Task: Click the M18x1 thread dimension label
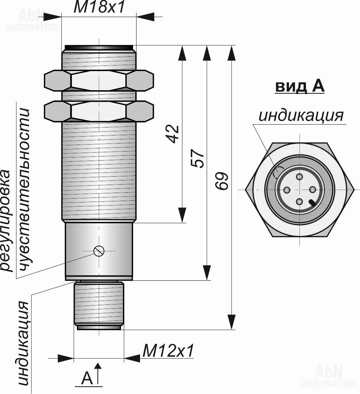click(99, 8)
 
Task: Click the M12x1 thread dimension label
click(169, 351)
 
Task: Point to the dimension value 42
click(173, 134)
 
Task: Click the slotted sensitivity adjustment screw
click(99, 251)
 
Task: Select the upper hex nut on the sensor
click(99, 81)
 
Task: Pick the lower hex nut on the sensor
click(99, 111)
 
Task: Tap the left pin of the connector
click(287, 190)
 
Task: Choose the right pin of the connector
click(312, 189)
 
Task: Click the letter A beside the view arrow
click(87, 378)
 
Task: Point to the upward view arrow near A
click(99, 373)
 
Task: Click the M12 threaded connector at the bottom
click(99, 304)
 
